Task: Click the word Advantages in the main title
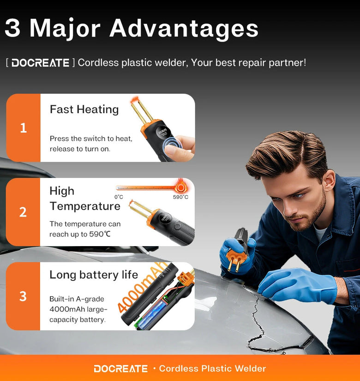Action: [x=184, y=29]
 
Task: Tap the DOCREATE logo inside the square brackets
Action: [x=41, y=63]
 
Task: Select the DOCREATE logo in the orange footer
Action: [x=121, y=369]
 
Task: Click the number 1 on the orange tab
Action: [x=24, y=128]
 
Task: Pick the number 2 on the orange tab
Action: [x=23, y=212]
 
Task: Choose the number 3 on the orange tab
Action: [x=23, y=296]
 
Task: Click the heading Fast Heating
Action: [x=84, y=109]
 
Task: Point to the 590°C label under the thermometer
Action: [x=180, y=197]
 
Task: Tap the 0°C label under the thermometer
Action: [x=119, y=197]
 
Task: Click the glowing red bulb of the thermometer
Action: [x=180, y=187]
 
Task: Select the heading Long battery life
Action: [x=94, y=275]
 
